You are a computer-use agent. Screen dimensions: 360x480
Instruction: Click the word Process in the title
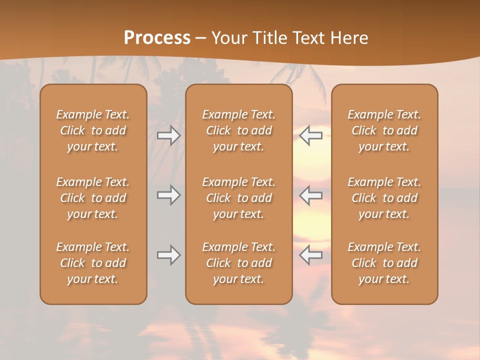point(157,38)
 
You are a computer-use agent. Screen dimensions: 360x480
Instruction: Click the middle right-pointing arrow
point(168,195)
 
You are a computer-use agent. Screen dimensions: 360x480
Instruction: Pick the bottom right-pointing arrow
point(168,255)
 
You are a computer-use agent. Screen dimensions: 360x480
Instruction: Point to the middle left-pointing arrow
point(310,195)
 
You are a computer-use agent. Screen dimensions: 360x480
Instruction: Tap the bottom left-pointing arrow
point(310,255)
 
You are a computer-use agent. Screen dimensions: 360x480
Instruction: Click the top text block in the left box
point(93,130)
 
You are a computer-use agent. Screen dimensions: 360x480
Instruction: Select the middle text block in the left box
point(93,198)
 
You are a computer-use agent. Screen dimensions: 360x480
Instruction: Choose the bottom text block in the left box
point(93,263)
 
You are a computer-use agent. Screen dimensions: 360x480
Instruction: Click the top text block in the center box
point(238,130)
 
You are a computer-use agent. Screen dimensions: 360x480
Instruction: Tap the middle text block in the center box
point(238,198)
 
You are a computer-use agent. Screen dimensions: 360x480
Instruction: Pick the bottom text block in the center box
point(238,263)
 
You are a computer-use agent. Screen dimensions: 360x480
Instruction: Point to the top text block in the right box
point(384,130)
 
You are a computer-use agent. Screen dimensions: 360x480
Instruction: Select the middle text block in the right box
point(384,198)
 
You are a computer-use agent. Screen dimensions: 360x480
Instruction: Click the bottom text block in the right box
point(384,263)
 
